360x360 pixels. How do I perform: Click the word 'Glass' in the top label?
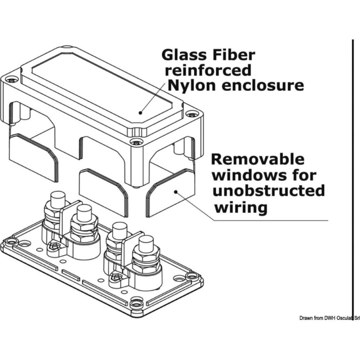pos(183,55)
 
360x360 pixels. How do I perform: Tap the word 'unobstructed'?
pos(269,191)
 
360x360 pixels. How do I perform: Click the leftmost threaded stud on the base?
pos(58,199)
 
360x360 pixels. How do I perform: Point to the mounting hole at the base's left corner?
pos(12,240)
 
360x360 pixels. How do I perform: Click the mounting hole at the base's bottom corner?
pos(136,303)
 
